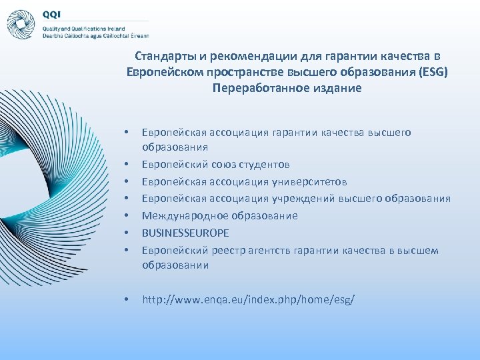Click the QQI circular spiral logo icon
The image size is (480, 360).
pos(21,23)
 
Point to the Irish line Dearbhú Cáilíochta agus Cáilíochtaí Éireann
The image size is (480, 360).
pos(95,36)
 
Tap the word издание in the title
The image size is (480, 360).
pos(334,88)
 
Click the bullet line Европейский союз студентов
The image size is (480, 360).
pos(215,164)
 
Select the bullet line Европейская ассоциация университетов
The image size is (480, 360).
pos(245,181)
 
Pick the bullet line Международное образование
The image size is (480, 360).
pos(219,215)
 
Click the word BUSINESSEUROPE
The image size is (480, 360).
pos(185,233)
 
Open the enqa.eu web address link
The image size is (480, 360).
pos(249,300)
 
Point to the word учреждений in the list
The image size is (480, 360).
pos(298,198)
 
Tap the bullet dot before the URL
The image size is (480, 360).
pos(127,301)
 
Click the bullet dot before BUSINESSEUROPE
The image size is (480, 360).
pos(127,233)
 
